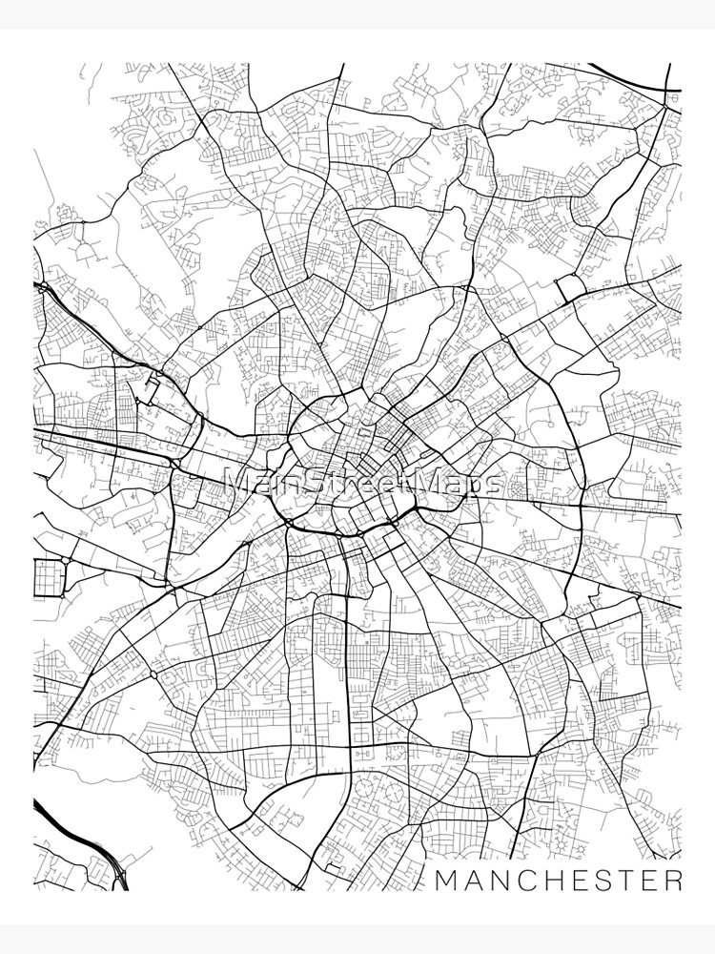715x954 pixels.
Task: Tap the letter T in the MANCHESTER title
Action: coord(624,880)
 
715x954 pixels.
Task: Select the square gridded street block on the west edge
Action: coord(48,576)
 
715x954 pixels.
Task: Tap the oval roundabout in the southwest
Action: coord(153,674)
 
